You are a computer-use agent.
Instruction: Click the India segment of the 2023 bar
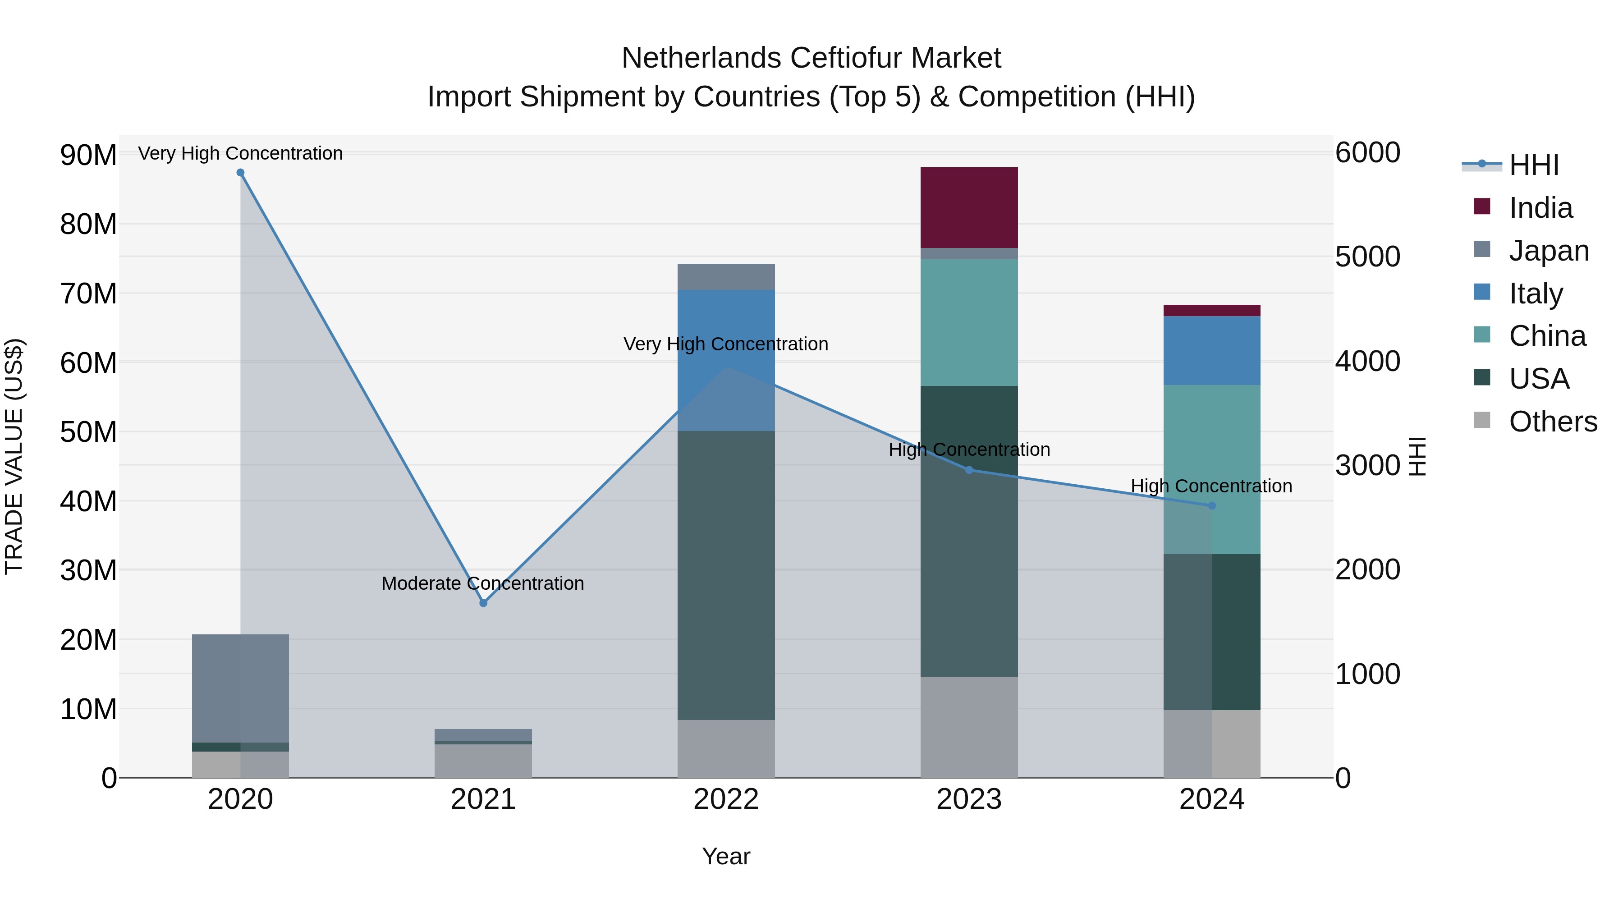[x=968, y=207]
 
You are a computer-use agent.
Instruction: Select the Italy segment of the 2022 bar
[x=726, y=360]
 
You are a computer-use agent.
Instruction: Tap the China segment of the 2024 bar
[x=1211, y=469]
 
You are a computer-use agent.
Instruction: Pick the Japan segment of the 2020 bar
[x=240, y=688]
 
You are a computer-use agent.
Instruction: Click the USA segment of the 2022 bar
[x=726, y=575]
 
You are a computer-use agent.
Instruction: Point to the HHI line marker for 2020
[x=240, y=173]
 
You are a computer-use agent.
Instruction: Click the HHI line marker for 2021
[x=483, y=603]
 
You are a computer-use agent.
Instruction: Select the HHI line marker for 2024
[x=1211, y=505]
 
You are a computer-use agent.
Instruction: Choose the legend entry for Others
[x=1552, y=422]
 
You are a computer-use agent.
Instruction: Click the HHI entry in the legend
[x=1534, y=165]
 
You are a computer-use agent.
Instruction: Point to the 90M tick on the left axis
[x=88, y=155]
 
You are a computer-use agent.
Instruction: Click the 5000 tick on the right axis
[x=1367, y=257]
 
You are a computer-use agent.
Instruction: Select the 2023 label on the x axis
[x=968, y=799]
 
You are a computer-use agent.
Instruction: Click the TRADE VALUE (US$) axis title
[x=14, y=456]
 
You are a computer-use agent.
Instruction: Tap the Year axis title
[x=726, y=856]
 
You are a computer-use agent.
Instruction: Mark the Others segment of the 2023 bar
[x=968, y=726]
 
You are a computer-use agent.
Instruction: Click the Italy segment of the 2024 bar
[x=1211, y=350]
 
